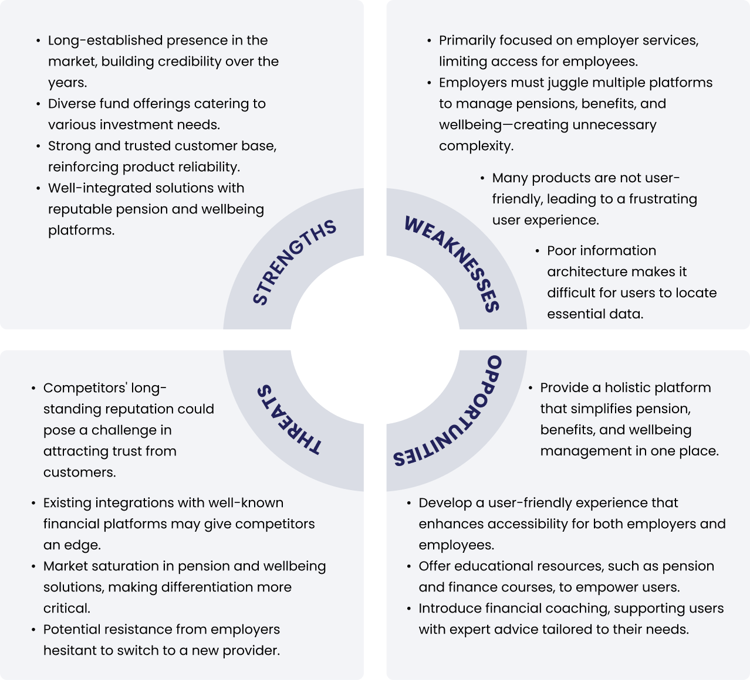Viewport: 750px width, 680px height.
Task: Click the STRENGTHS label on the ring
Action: pyautogui.click(x=294, y=262)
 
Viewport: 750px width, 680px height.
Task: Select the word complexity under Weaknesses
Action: pyautogui.click(x=475, y=146)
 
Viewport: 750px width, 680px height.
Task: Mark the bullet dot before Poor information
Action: pyautogui.click(x=537, y=251)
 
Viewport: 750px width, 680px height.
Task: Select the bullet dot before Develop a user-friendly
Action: pyautogui.click(x=408, y=503)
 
